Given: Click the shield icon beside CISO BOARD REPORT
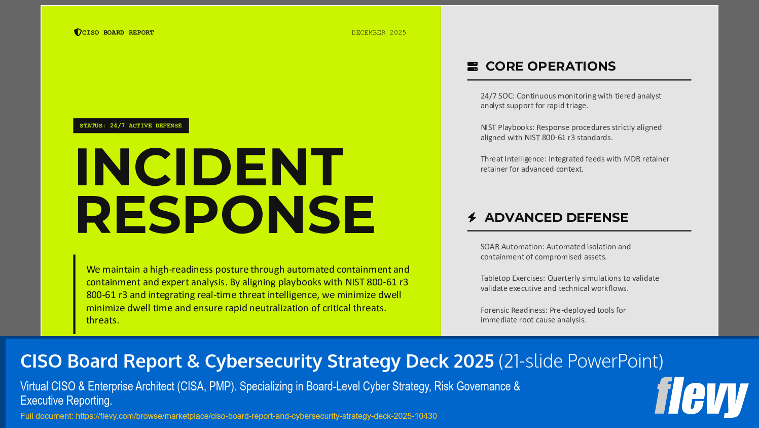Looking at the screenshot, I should coord(78,32).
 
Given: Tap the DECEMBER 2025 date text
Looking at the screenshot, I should coord(379,32).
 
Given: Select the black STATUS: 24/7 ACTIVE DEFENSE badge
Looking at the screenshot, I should coord(131,125).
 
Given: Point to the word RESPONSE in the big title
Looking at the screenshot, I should coord(225,215).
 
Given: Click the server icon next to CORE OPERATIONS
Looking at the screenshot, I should coord(473,67).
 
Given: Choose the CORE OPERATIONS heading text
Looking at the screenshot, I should coord(551,67).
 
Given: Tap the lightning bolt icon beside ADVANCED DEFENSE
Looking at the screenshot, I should coord(472,218).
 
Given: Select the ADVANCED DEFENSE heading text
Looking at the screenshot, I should coord(556,218).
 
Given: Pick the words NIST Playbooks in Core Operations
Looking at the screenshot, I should coord(507,127).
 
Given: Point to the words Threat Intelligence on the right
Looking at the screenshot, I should coord(513,159).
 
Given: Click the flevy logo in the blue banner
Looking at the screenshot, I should coord(701,397).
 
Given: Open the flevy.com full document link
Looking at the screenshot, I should coord(256,416).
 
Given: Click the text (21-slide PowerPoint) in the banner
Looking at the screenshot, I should coord(581,361).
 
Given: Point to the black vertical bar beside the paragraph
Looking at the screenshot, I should coord(75,294).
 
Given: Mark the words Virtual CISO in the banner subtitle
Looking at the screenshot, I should coord(48,386).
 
